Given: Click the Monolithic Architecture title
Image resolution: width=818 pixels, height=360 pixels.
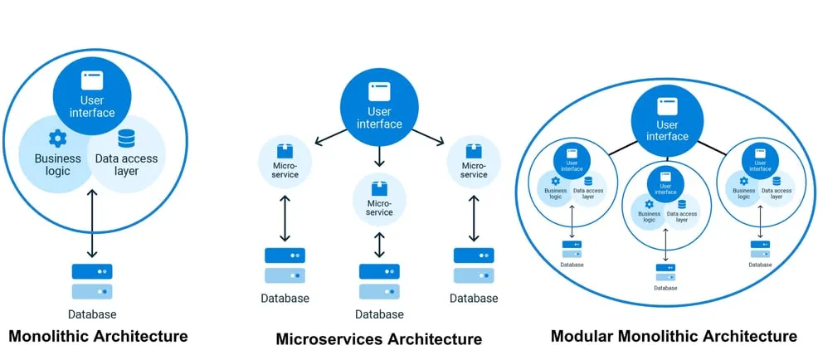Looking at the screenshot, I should (x=98, y=336).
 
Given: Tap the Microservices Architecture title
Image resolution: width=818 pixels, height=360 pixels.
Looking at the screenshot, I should (x=378, y=339).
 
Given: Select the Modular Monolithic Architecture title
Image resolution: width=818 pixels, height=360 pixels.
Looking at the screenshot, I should (x=674, y=336).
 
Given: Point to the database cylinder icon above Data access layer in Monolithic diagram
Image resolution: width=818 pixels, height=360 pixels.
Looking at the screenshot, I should (x=127, y=139).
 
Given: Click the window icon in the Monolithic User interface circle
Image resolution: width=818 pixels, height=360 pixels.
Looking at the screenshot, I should (x=92, y=80).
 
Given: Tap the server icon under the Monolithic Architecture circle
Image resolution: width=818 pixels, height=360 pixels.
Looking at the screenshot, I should (x=92, y=281).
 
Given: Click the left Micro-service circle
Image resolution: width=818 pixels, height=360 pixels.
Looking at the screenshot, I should (x=285, y=162).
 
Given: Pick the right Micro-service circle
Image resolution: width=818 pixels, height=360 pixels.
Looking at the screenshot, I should (x=474, y=162).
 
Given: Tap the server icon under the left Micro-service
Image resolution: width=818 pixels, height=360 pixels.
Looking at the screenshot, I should (x=285, y=265).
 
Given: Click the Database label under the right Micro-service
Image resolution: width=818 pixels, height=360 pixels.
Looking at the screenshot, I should (x=474, y=299).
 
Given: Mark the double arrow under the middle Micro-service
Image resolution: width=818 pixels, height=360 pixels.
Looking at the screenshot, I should (x=379, y=245).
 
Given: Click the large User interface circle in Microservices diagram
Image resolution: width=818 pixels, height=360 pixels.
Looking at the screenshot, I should (x=379, y=105).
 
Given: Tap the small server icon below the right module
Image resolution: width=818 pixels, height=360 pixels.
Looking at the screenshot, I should (x=758, y=248).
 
